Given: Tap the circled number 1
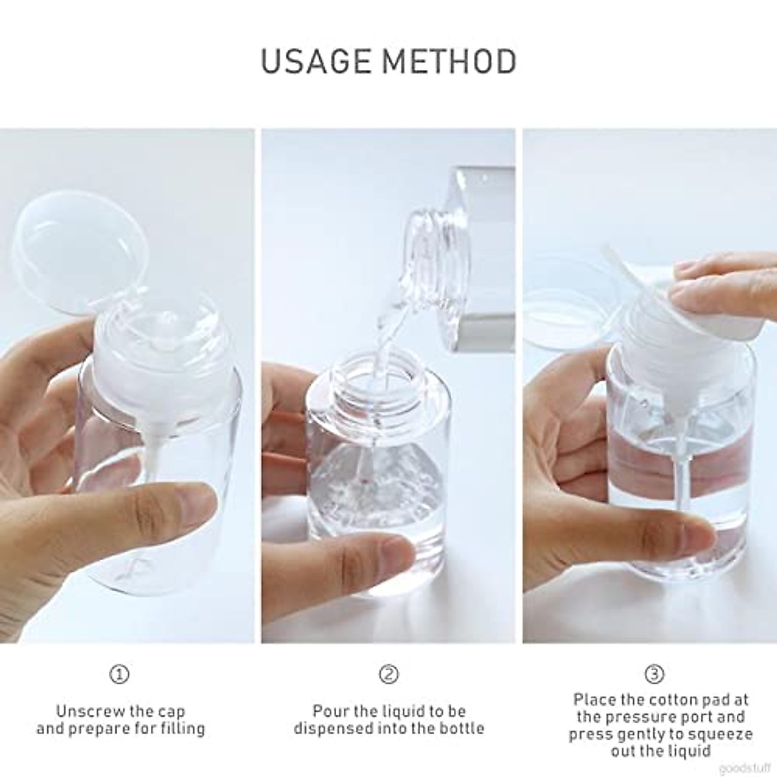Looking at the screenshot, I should (x=119, y=674).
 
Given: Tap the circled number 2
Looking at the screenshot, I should (x=388, y=674).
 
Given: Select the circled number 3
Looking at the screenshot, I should (x=655, y=674).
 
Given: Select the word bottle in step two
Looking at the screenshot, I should (x=462, y=728).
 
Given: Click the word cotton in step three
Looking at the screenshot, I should (x=678, y=700).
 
